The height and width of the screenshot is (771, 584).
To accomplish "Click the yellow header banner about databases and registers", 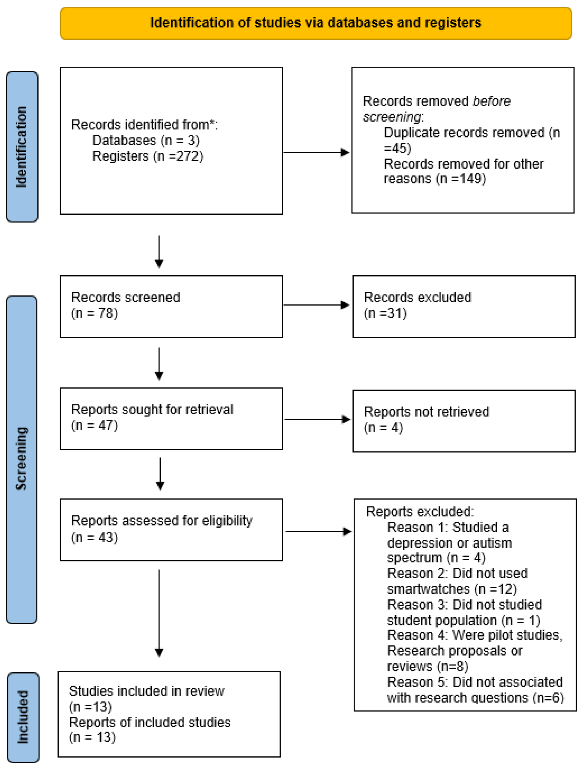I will tap(315, 23).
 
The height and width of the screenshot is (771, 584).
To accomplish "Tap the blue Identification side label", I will tap(22, 147).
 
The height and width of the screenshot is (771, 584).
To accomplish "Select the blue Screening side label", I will tap(22, 459).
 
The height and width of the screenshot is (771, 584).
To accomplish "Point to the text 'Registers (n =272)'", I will tap(147, 156).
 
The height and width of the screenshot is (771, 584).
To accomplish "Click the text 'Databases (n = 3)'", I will tap(146, 141).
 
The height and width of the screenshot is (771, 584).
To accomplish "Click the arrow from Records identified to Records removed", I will tap(316, 152).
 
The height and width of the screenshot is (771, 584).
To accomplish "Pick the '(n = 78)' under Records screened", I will tap(95, 313).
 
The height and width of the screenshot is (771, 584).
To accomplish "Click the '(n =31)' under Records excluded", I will tap(385, 313).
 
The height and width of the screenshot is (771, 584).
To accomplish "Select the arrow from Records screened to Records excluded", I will tap(316, 305).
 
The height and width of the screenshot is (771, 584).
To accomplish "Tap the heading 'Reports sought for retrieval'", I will tap(152, 410).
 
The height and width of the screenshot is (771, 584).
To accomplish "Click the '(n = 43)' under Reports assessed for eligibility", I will tap(95, 538).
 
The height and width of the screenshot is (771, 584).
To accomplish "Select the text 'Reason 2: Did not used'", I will tap(457, 573).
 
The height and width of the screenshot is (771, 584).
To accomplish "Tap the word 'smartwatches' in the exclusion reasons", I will tap(428, 589).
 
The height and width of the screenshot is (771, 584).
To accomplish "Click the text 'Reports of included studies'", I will tap(150, 723).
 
